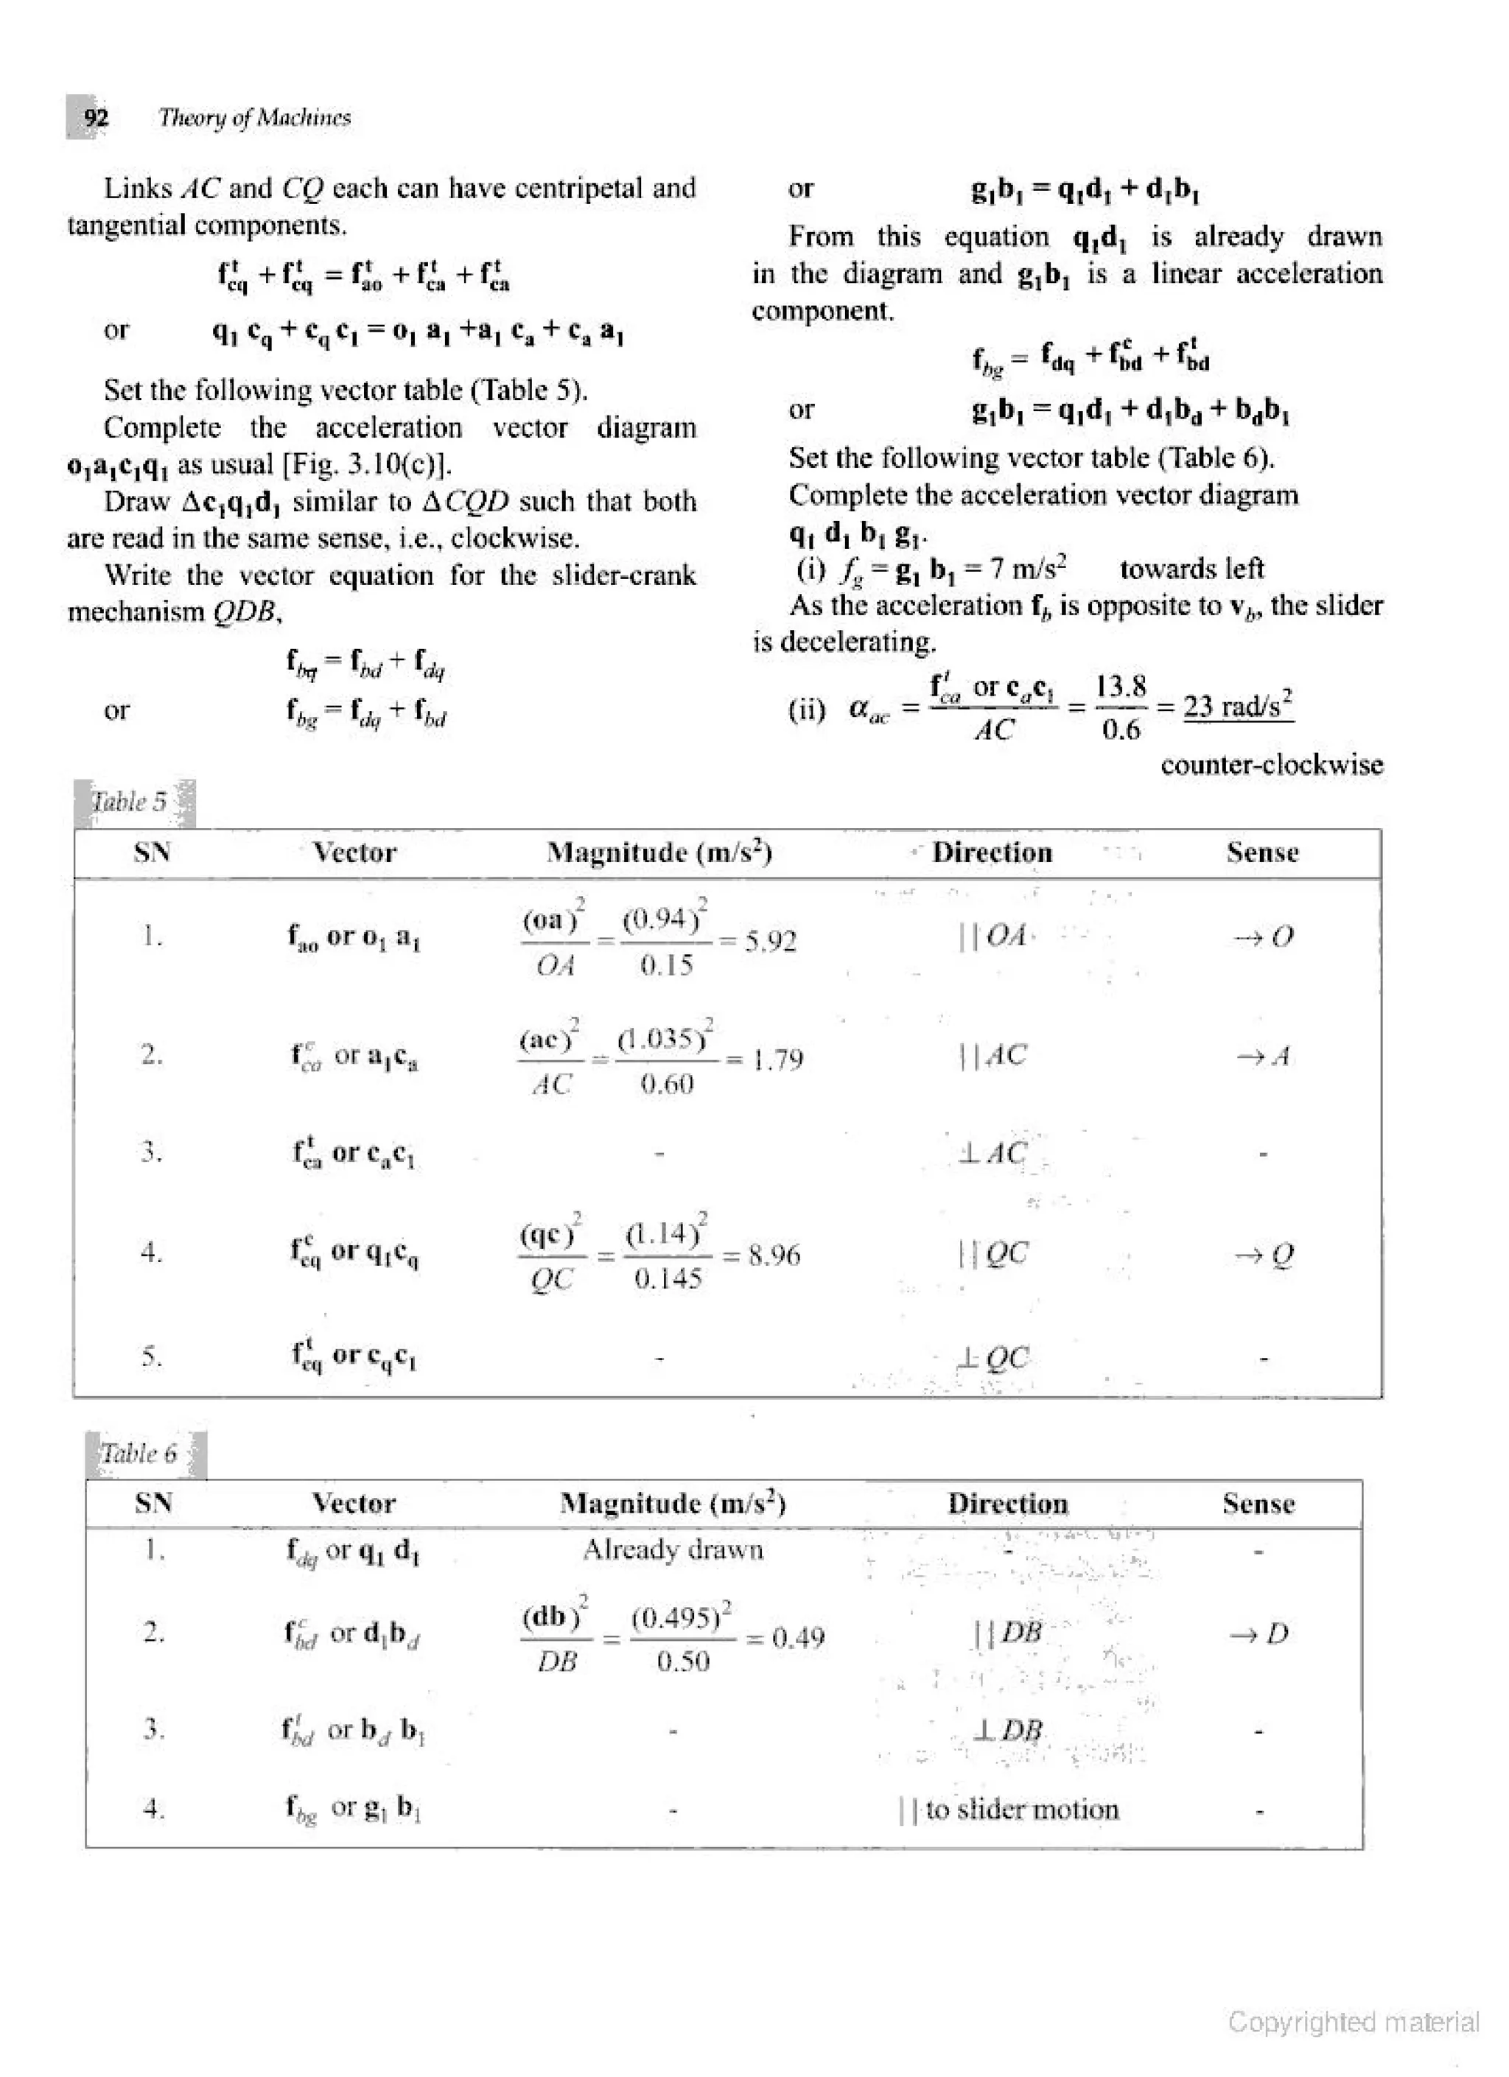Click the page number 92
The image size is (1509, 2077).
point(95,117)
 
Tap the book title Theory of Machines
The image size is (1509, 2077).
point(254,117)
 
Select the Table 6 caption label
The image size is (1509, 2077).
point(139,1454)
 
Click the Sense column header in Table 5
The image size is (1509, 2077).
point(1261,852)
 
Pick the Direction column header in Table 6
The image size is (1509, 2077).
point(1007,1504)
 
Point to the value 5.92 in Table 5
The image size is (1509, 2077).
point(770,941)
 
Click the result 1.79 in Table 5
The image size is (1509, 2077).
point(777,1059)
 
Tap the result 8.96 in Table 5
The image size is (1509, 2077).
point(774,1255)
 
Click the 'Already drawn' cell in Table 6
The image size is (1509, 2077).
point(673,1549)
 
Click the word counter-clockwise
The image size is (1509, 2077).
point(1272,765)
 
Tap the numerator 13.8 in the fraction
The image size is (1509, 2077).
point(1121,686)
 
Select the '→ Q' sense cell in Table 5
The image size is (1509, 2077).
point(1264,1255)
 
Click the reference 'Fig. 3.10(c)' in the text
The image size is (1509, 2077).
point(367,464)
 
